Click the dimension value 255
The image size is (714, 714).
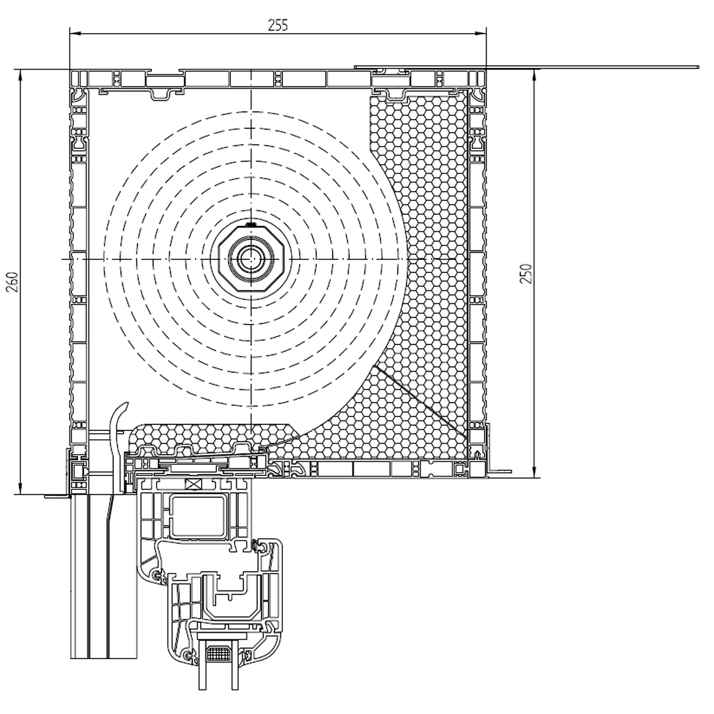pyautogui.click(x=278, y=24)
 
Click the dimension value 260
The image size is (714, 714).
pyautogui.click(x=13, y=282)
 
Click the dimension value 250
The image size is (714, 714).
pyautogui.click(x=526, y=274)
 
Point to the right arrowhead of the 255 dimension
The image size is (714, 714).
pyautogui.click(x=481, y=33)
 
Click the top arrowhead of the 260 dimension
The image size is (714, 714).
pyautogui.click(x=20, y=75)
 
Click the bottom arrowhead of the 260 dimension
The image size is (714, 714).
pyautogui.click(x=20, y=489)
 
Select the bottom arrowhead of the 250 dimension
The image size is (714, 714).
pyautogui.click(x=535, y=472)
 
